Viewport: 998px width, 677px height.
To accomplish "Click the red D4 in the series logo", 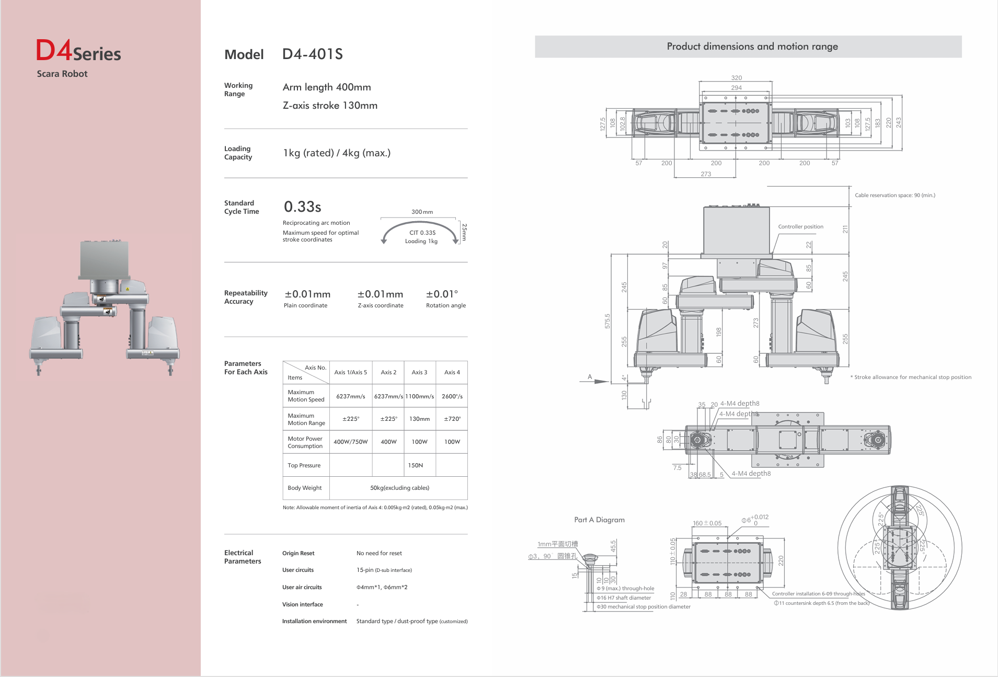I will pos(54,51).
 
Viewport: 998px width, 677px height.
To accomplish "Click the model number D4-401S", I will pos(312,54).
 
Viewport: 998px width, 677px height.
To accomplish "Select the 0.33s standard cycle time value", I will pos(302,207).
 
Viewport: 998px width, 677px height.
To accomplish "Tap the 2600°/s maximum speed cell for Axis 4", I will pos(452,396).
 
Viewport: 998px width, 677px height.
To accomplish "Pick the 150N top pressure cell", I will pos(415,465).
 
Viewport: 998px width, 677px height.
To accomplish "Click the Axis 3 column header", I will pos(419,372).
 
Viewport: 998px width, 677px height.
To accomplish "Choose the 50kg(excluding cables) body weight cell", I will pos(399,488).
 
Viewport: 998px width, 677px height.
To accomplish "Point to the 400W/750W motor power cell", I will pos(350,442).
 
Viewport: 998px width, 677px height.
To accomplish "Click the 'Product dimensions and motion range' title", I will pos(752,47).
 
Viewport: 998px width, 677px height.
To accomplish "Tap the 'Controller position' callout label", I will pos(800,227).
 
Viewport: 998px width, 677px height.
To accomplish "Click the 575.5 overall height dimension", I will pos(607,321).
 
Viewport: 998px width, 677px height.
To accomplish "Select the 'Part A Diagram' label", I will pos(599,520).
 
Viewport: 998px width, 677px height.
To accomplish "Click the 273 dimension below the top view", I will pos(706,174).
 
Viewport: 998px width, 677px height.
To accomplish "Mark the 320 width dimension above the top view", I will pos(736,78).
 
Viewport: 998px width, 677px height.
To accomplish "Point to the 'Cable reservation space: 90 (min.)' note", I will pos(894,196).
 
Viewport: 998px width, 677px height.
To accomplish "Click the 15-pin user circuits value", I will pos(384,570).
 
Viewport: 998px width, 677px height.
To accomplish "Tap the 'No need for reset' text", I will pos(379,553).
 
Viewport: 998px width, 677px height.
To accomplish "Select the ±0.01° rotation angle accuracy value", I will pos(442,294).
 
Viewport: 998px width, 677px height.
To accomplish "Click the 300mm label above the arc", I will pos(422,212).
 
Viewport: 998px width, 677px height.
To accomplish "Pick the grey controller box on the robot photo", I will pos(104,260).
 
